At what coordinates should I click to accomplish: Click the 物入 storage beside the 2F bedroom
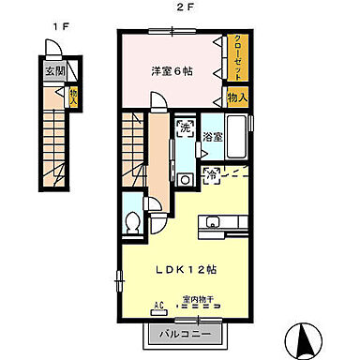click(236, 97)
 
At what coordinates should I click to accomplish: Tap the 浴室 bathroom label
click(213, 137)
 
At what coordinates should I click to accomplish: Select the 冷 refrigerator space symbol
click(213, 172)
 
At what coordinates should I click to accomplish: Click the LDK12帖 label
click(187, 269)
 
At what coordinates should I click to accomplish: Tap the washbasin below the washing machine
click(186, 179)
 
